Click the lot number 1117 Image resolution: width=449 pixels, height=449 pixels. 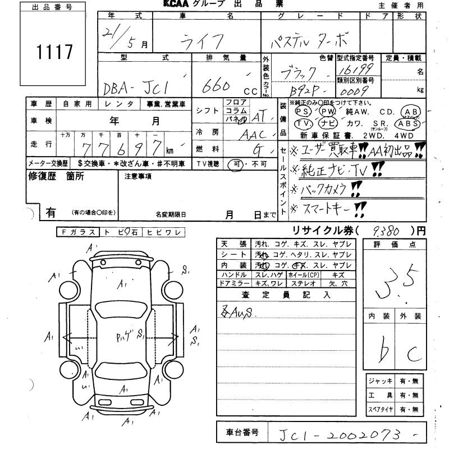55,52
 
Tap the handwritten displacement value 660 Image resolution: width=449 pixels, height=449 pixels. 215,86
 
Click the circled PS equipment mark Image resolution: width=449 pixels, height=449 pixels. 301,111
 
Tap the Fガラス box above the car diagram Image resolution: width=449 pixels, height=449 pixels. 77,232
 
